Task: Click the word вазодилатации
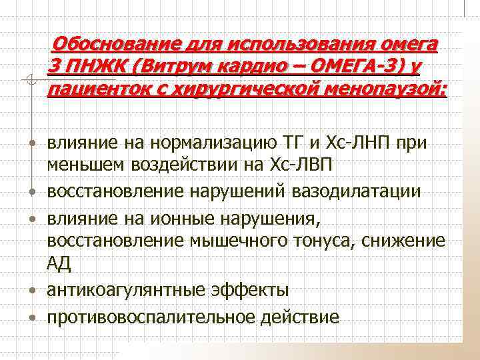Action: pos(365,192)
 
